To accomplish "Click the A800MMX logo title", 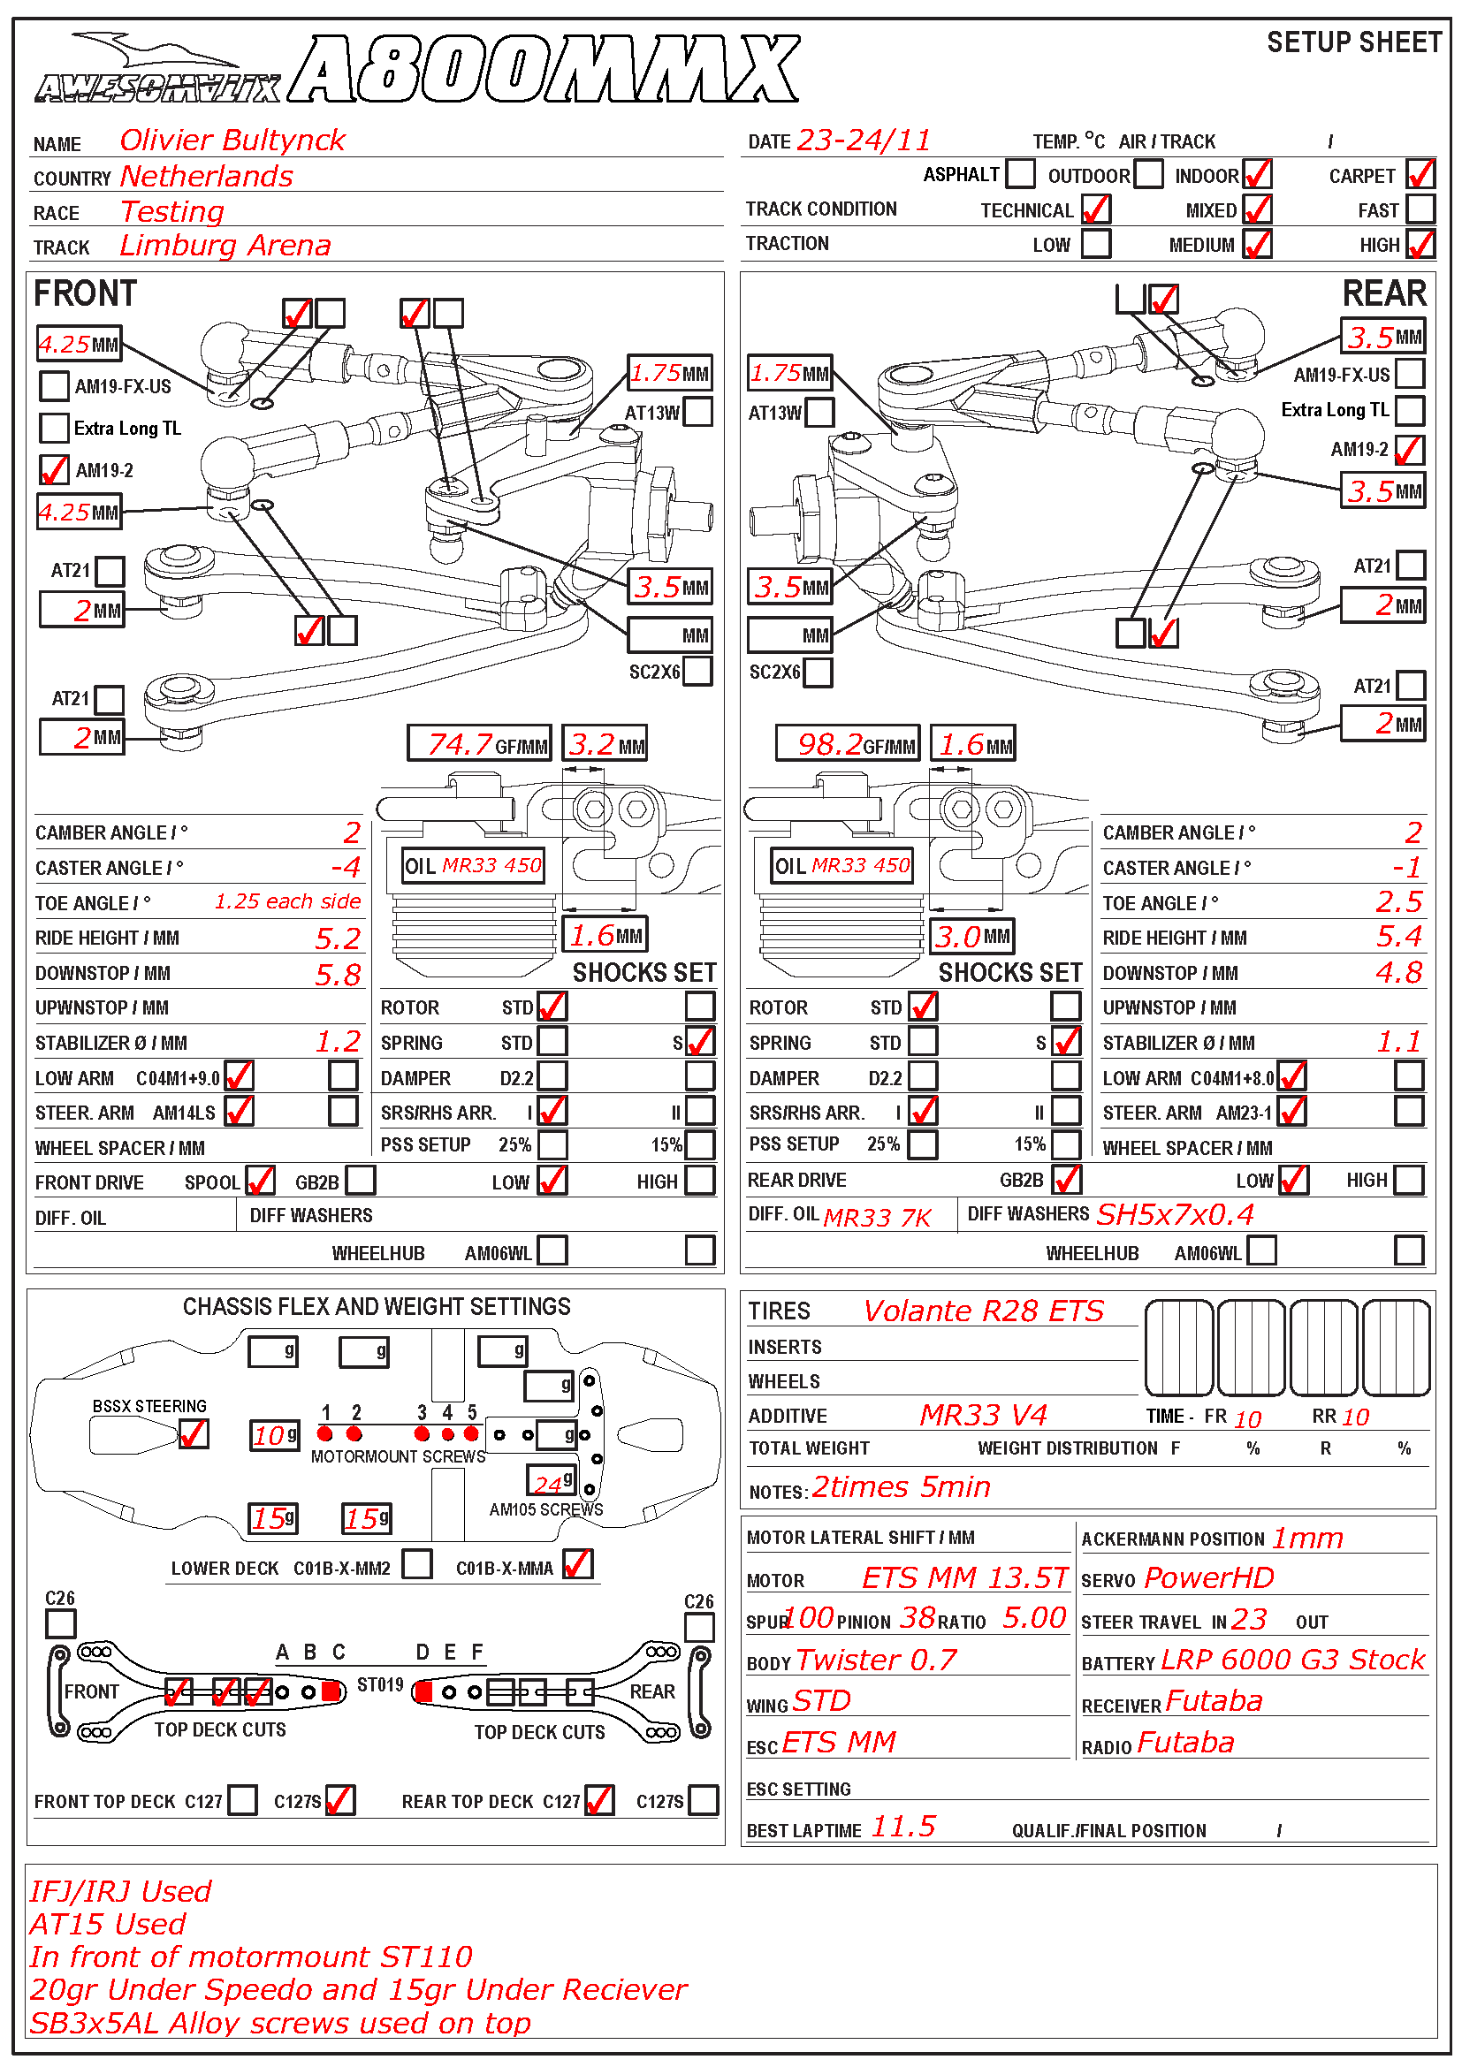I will pyautogui.click(x=545, y=69).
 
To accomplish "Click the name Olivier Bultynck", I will pyautogui.click(x=232, y=141).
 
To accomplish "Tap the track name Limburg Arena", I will pyautogui.click(x=225, y=246).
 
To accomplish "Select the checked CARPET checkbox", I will pyautogui.click(x=1420, y=175).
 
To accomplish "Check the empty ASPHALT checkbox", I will pyautogui.click(x=1020, y=174).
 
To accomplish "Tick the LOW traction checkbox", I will pyautogui.click(x=1095, y=244).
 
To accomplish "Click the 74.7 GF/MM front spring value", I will pyautogui.click(x=460, y=744).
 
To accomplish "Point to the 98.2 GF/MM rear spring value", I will pyautogui.click(x=830, y=744).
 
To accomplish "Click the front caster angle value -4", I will pyautogui.click(x=346, y=868).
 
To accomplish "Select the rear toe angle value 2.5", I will pyautogui.click(x=1398, y=902).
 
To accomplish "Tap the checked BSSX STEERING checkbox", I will pyautogui.click(x=194, y=1433).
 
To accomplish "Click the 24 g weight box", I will pyautogui.click(x=550, y=1482).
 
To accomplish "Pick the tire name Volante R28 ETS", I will pyautogui.click(x=982, y=1311).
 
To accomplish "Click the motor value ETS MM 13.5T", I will pyautogui.click(x=964, y=1578).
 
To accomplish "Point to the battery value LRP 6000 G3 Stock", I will pyautogui.click(x=1293, y=1660).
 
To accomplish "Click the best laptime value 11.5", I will pyautogui.click(x=903, y=1827).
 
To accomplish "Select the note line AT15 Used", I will pyautogui.click(x=107, y=1925).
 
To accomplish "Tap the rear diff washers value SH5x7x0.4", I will pyautogui.click(x=1175, y=1215).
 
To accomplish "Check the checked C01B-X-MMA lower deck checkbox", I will pyautogui.click(x=578, y=1565).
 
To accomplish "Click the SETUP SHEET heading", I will pyautogui.click(x=1353, y=42).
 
